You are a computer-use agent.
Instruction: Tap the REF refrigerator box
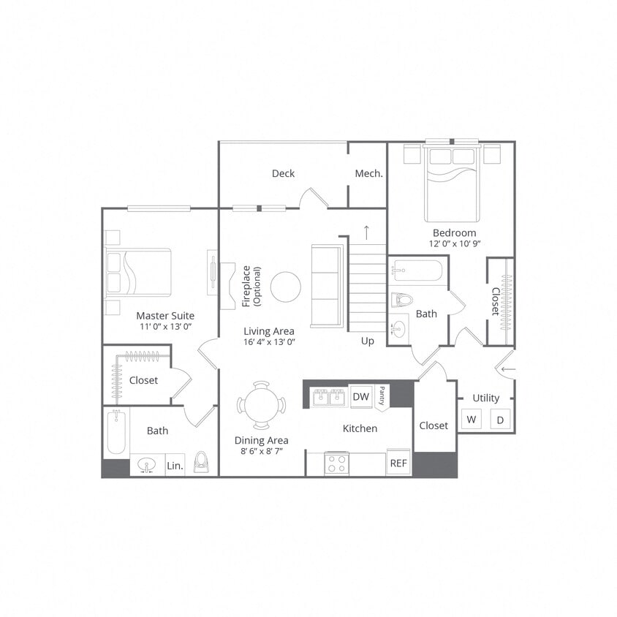[x=398, y=463]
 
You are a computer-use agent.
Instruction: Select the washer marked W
[x=472, y=420]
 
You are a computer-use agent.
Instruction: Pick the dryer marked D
[x=501, y=420]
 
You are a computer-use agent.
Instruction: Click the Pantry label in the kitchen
[x=382, y=395]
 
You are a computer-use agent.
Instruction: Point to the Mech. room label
[x=369, y=173]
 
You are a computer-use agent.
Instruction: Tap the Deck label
[x=283, y=173]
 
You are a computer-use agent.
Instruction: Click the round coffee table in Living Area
[x=285, y=287]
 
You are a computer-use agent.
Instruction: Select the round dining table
[x=261, y=404]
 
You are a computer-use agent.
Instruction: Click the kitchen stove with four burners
[x=336, y=463]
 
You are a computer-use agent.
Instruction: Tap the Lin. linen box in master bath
[x=175, y=465]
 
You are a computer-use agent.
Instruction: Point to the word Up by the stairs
[x=368, y=341]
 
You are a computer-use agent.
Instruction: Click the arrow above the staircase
[x=366, y=232]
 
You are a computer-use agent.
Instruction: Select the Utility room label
[x=485, y=398]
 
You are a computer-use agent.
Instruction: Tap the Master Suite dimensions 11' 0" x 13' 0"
[x=166, y=327]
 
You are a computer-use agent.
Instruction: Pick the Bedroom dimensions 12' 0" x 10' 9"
[x=455, y=243]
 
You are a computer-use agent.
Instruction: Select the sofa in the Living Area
[x=327, y=286]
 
